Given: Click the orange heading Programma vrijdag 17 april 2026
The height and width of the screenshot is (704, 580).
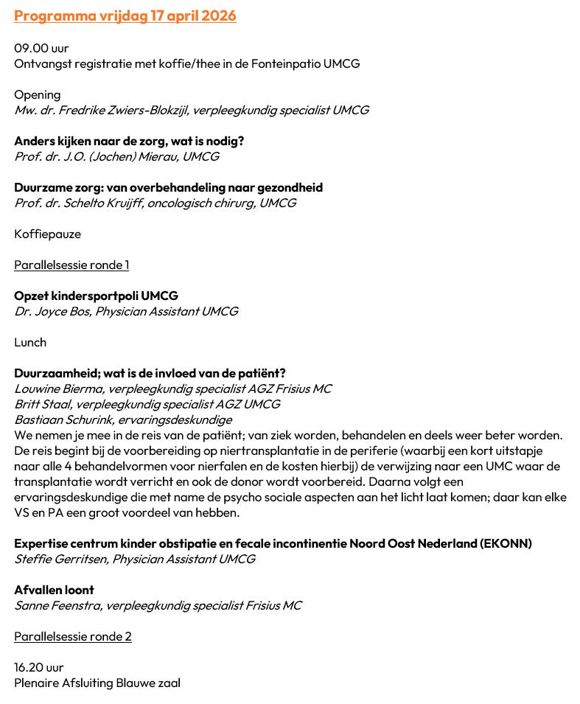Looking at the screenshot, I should [125, 15].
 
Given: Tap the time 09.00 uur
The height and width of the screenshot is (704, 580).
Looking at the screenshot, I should [41, 48].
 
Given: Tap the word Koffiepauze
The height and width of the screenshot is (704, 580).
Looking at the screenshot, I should [48, 234].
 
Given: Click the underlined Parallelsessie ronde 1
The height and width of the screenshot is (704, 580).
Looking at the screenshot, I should [71, 265].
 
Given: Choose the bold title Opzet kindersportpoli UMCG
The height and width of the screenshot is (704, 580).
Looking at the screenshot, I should [96, 296].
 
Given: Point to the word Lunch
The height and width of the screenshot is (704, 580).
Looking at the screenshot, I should [30, 342].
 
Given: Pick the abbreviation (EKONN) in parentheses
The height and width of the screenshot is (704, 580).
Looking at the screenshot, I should [505, 543].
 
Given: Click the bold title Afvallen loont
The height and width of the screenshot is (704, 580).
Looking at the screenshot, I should [54, 590].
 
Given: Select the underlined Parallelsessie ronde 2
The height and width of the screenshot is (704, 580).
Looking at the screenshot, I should [73, 636].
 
